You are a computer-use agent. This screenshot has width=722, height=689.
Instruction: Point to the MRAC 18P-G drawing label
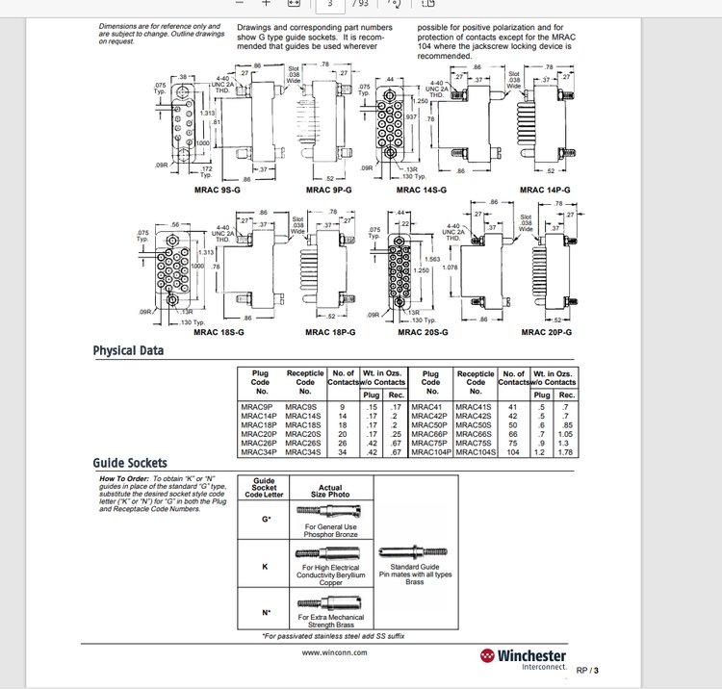click(x=330, y=332)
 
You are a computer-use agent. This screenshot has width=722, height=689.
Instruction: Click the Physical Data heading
click(x=128, y=350)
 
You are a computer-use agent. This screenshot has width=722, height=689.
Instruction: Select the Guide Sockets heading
click(x=130, y=463)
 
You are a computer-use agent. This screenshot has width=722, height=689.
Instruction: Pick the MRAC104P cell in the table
click(x=431, y=451)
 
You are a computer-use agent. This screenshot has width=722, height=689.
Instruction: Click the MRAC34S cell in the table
click(x=304, y=451)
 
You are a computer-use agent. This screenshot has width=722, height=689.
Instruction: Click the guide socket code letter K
click(x=265, y=567)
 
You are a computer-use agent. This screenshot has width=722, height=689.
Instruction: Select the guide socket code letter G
click(x=265, y=520)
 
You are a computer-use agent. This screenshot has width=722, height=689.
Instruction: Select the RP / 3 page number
click(x=587, y=670)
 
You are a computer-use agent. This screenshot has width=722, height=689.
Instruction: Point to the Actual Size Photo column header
click(x=330, y=492)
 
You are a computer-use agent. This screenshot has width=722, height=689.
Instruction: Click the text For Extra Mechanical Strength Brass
click(x=330, y=620)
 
